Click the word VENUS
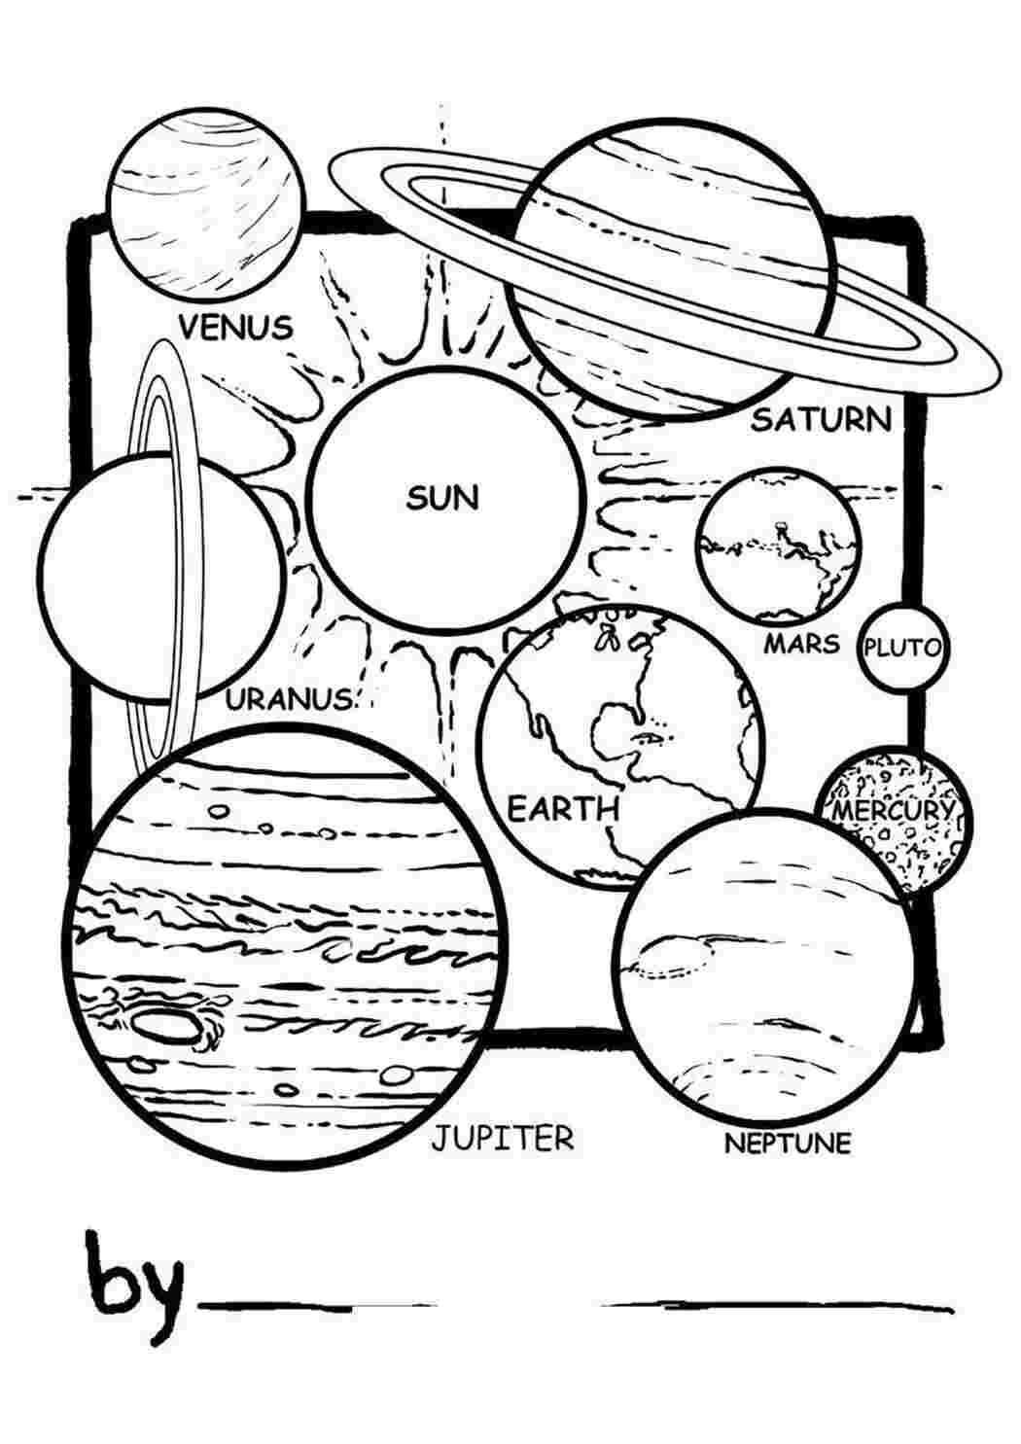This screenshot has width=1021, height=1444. point(236,327)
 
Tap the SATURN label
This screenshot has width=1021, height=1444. point(822,420)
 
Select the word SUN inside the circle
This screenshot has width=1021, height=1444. point(442,498)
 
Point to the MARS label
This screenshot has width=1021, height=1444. point(802,643)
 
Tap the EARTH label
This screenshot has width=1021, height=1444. point(563,808)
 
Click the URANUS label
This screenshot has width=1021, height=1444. point(290,698)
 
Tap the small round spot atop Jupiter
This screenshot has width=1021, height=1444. point(219,810)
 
